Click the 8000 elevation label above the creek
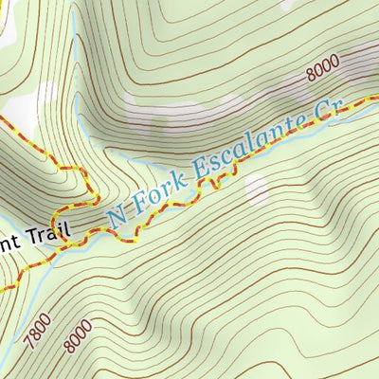coord(322,75)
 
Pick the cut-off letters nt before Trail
coord(6,244)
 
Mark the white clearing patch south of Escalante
coord(257,190)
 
